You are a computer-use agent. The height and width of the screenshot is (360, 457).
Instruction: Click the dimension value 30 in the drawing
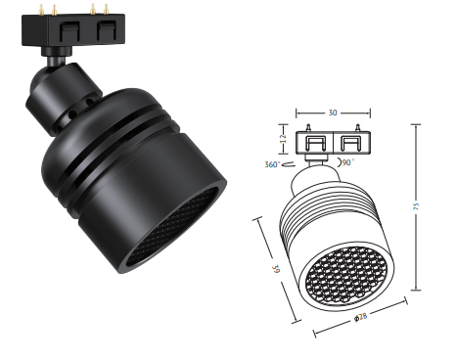point(333,112)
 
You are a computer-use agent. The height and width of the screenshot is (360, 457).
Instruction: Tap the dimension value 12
point(283,139)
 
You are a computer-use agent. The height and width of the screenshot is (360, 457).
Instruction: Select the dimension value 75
point(416,206)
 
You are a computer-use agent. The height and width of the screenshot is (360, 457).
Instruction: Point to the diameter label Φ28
point(361,317)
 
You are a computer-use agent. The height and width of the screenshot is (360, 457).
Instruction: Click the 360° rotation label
point(272,164)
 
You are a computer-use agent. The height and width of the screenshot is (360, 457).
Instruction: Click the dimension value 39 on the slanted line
point(277,269)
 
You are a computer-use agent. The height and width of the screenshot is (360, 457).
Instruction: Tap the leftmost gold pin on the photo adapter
point(41,10)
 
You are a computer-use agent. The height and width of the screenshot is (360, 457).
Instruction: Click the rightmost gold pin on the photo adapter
point(106,10)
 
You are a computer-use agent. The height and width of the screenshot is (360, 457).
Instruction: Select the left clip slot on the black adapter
point(69,31)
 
